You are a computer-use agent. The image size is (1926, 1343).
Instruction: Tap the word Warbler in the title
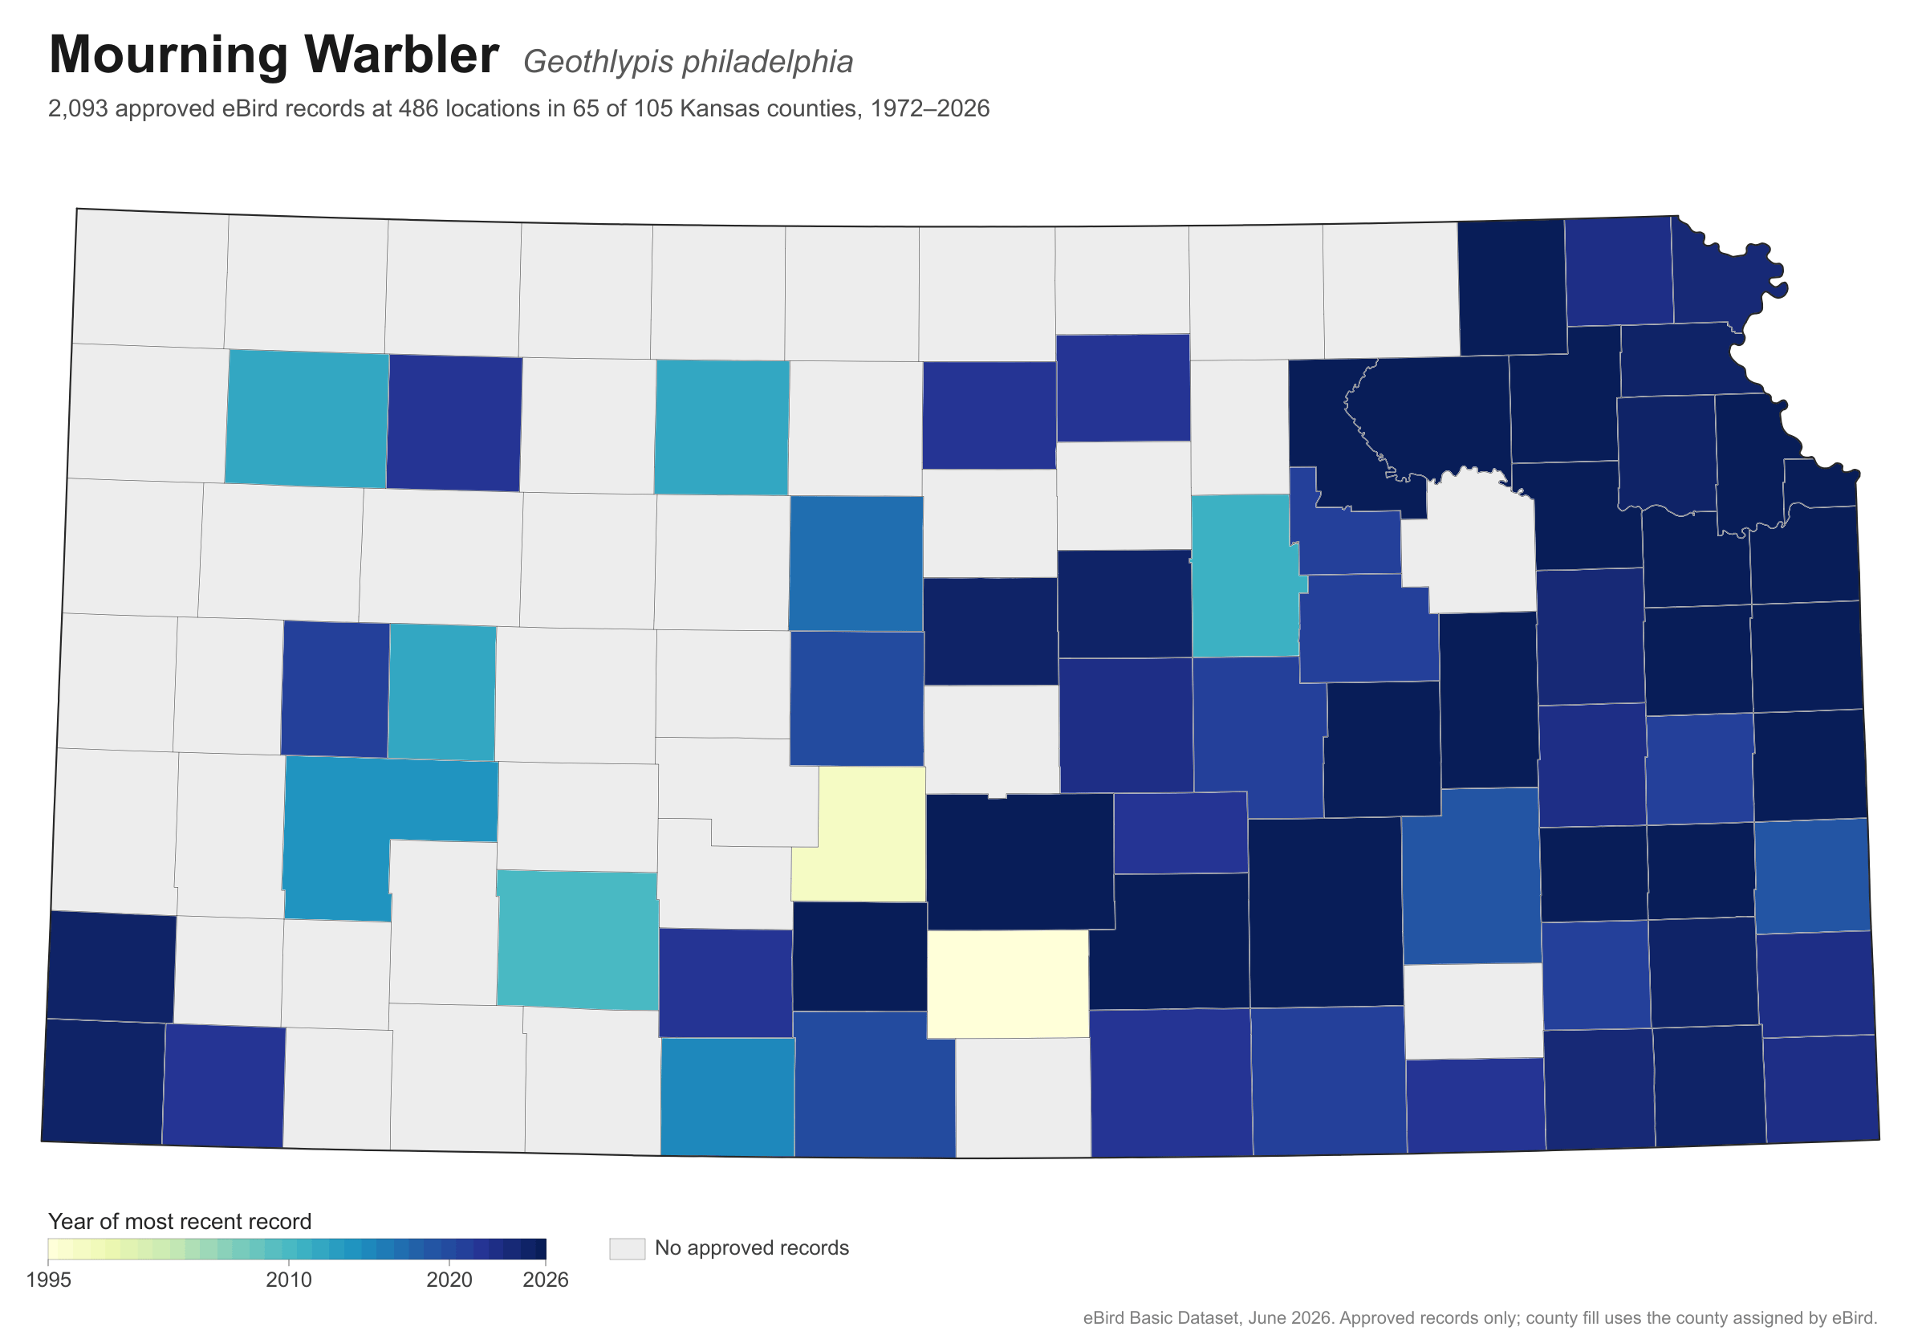(x=401, y=55)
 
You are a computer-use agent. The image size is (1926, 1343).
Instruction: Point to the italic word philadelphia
(x=766, y=62)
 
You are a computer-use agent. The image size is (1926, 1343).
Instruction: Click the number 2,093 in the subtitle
(x=78, y=109)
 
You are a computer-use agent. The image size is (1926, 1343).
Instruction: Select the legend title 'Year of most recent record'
(x=180, y=1221)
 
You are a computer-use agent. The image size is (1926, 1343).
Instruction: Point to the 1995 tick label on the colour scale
(x=49, y=1280)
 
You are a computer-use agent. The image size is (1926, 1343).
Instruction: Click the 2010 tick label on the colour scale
(x=289, y=1280)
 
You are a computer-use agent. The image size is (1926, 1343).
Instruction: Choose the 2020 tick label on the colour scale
(x=449, y=1280)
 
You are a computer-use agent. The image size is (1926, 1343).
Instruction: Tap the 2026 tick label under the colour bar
(x=545, y=1280)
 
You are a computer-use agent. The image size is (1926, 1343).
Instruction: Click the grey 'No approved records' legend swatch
(x=628, y=1248)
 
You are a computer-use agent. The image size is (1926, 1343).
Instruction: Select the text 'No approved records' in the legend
(x=752, y=1248)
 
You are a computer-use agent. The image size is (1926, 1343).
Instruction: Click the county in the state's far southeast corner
(x=1821, y=1089)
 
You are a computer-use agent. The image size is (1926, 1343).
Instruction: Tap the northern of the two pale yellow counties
(x=859, y=835)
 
